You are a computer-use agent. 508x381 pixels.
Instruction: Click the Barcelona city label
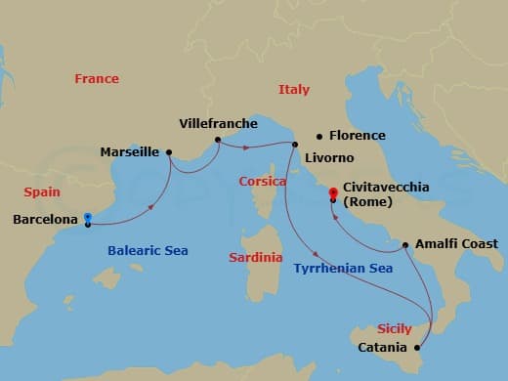[45, 220]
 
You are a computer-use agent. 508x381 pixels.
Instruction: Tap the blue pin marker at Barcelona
[88, 218]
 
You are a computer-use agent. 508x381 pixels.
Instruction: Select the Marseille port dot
[169, 151]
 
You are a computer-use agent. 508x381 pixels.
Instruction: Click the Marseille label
[130, 152]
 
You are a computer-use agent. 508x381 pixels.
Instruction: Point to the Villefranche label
[219, 124]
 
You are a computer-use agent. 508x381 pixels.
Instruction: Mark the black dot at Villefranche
[218, 139]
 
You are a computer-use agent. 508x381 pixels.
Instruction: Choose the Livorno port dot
[294, 145]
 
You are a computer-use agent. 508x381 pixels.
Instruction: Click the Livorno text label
[327, 155]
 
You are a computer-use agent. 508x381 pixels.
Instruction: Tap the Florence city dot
[318, 136]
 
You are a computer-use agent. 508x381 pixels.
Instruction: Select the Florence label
[357, 136]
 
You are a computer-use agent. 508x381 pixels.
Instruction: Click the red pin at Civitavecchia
[333, 192]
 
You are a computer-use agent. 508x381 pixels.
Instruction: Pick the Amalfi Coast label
[455, 243]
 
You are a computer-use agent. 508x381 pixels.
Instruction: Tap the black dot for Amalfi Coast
[405, 243]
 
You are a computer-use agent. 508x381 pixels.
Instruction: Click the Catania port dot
[418, 347]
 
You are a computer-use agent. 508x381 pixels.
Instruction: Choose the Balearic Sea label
[147, 251]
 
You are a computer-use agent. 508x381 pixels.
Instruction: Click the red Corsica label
[263, 182]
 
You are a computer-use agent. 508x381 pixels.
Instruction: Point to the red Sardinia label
[256, 258]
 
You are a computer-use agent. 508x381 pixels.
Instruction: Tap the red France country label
[97, 79]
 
